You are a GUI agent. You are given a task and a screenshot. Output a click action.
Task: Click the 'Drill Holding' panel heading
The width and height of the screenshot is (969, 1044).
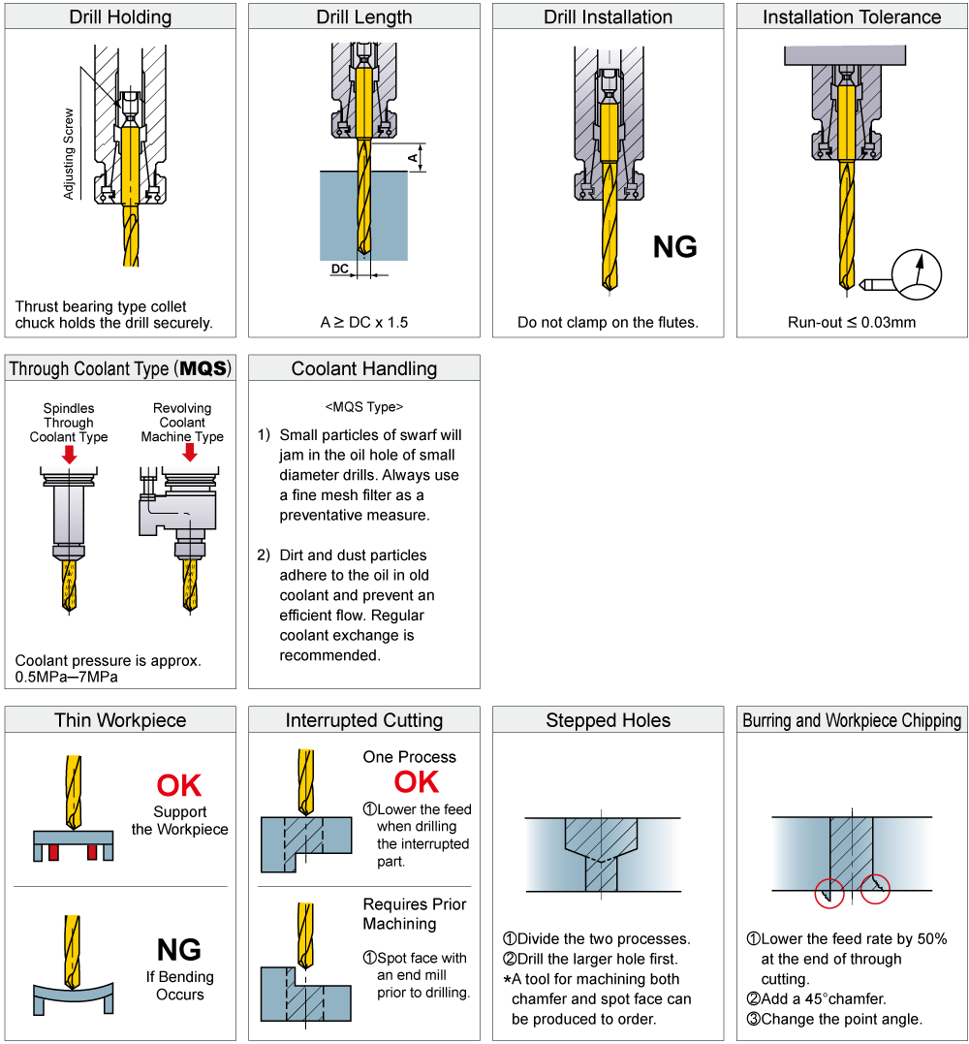(120, 16)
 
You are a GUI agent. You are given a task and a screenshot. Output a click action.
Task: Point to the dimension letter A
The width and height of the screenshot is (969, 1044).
(412, 156)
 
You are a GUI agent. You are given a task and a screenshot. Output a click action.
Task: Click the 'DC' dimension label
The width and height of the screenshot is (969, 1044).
(339, 268)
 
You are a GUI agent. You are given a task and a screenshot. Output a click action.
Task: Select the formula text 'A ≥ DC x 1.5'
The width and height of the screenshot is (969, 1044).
(364, 322)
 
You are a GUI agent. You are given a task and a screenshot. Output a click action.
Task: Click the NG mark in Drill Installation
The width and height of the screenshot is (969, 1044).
(674, 247)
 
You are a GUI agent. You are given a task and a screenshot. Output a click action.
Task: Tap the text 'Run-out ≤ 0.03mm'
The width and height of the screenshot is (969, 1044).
(851, 322)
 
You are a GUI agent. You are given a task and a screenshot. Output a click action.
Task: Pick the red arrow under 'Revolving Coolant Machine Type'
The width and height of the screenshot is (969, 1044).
(190, 453)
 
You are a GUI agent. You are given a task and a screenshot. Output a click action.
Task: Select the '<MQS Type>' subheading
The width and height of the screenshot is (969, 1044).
(364, 407)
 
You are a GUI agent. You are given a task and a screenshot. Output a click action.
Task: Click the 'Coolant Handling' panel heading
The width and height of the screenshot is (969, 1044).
(364, 368)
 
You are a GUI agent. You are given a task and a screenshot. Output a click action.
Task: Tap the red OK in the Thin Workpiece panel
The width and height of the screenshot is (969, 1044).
(179, 785)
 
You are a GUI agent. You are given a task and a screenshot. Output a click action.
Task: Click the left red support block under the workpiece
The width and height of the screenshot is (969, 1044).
(54, 851)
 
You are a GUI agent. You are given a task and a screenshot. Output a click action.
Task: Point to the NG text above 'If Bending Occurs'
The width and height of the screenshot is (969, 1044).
(179, 950)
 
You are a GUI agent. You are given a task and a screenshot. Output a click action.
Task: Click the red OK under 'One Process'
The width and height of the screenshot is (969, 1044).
(416, 782)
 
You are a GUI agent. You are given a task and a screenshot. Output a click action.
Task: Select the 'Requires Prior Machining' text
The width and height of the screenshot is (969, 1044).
(415, 914)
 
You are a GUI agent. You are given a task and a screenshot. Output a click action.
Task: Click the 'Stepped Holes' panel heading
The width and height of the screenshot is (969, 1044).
(608, 720)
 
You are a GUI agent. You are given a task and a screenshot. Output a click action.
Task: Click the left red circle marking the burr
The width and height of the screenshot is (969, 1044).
(828, 893)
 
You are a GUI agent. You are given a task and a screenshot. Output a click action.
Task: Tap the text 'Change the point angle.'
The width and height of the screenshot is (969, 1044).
(841, 1019)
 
